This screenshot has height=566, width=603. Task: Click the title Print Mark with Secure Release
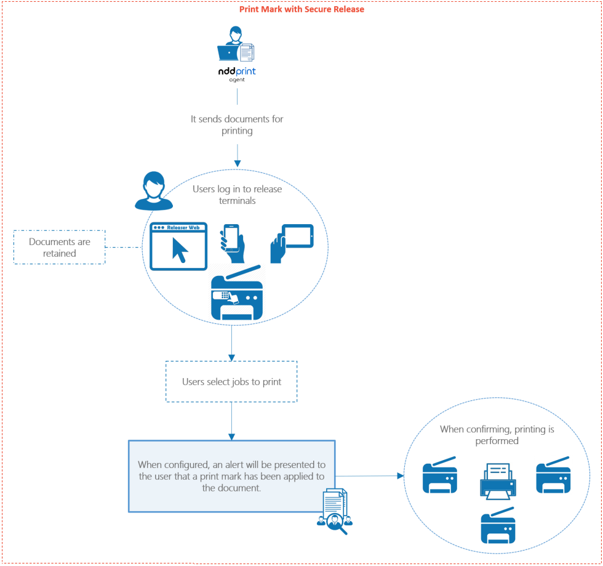click(x=301, y=9)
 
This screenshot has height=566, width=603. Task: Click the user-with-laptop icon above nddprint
click(x=236, y=44)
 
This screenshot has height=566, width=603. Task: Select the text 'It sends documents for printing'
click(x=237, y=125)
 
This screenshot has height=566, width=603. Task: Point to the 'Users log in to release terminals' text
click(x=237, y=195)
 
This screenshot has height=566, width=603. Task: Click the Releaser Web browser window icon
click(x=178, y=246)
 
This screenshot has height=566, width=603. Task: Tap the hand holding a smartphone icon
click(x=233, y=243)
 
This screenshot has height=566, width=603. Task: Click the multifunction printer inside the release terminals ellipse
click(x=237, y=294)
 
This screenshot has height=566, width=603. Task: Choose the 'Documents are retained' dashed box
click(x=60, y=247)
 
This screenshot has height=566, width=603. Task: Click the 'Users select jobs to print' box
click(x=231, y=382)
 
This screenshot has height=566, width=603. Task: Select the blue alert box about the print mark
click(x=231, y=476)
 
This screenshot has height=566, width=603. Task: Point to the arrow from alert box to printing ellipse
click(x=369, y=475)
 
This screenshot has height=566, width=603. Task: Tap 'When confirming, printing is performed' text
click(x=497, y=435)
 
